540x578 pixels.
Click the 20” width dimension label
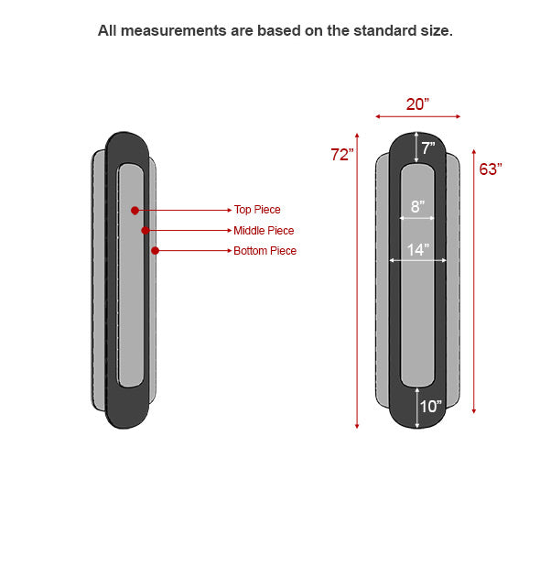(417, 104)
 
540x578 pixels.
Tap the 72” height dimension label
(341, 155)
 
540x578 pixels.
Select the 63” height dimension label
(491, 169)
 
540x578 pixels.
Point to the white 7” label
(428, 148)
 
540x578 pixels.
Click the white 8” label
(417, 206)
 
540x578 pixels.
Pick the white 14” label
(418, 250)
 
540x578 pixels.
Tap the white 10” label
(430, 407)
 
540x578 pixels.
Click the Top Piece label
(257, 210)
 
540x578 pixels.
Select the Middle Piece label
(264, 231)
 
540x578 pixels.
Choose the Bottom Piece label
(265, 251)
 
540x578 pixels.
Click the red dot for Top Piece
(135, 210)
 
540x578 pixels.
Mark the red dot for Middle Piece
(146, 231)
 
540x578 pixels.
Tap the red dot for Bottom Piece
(155, 251)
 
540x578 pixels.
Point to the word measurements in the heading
(174, 31)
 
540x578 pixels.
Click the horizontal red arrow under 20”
(417, 116)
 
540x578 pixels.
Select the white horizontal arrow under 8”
(417, 218)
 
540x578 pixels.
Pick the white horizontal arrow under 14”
(417, 260)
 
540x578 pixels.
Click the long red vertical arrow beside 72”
(357, 281)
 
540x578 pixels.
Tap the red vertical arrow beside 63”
(474, 281)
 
